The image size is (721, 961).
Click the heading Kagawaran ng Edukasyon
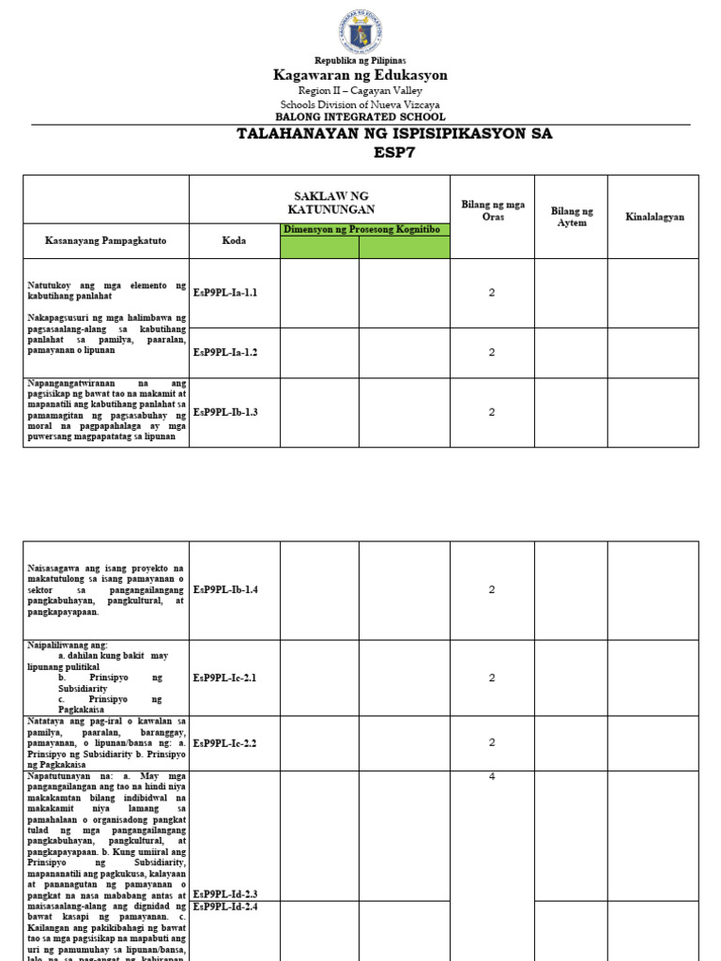(360, 75)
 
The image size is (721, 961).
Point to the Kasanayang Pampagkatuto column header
(105, 241)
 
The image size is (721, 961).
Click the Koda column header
(234, 241)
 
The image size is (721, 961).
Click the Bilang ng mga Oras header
(492, 211)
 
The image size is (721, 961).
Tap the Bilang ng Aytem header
(572, 217)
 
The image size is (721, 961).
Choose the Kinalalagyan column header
(654, 217)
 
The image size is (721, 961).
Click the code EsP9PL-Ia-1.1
(225, 293)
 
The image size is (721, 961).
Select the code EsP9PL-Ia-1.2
(225, 352)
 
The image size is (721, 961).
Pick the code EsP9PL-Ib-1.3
(225, 412)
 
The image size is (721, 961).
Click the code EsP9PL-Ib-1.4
(225, 589)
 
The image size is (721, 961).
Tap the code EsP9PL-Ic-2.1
(225, 678)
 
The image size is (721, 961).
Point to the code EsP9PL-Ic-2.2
(225, 742)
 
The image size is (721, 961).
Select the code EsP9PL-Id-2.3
(225, 894)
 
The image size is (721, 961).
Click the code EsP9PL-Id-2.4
(225, 908)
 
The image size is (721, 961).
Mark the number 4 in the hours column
(491, 777)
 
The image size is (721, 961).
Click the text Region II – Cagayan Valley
(360, 90)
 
